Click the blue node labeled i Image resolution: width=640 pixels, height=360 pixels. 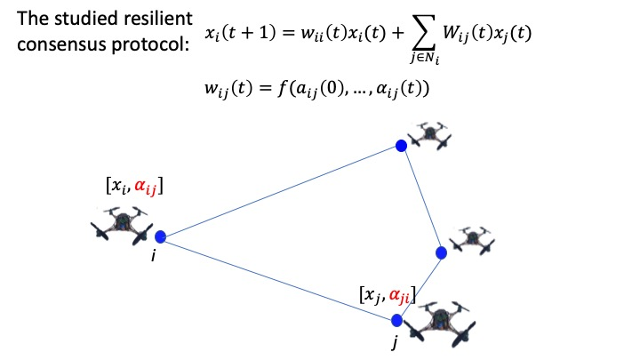(161, 237)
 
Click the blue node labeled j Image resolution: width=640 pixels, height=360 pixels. (397, 320)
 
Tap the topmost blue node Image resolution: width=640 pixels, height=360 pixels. (401, 145)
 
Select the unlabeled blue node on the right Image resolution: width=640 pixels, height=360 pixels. (441, 252)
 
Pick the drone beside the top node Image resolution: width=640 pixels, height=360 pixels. (433, 136)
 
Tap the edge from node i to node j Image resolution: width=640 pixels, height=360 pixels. (278, 278)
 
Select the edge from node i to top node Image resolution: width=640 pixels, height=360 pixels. (280, 191)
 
